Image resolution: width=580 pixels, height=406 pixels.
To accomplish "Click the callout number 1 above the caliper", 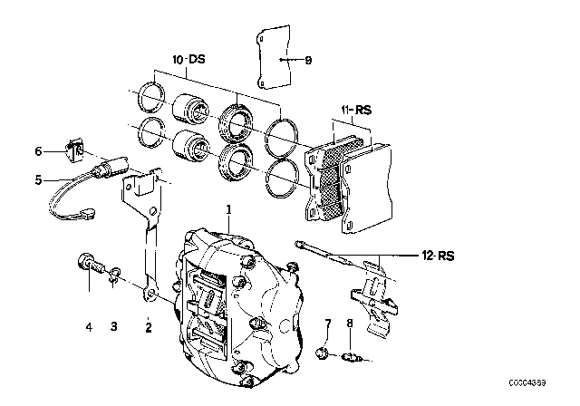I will click(x=229, y=209).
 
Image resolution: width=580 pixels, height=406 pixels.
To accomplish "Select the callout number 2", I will click(x=149, y=326).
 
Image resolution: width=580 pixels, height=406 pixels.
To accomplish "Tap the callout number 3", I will click(x=114, y=326).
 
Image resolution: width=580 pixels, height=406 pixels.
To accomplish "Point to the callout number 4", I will click(x=89, y=326).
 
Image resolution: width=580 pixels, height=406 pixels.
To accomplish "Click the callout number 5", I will click(x=39, y=179).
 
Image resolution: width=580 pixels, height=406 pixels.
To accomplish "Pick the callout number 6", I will click(x=39, y=151).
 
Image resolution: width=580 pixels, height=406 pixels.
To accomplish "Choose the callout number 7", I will click(x=328, y=323).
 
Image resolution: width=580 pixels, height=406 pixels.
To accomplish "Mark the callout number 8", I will click(x=349, y=323).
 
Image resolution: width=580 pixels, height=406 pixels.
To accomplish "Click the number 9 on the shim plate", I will click(x=308, y=61).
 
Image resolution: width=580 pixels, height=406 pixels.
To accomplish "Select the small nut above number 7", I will click(x=323, y=353).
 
